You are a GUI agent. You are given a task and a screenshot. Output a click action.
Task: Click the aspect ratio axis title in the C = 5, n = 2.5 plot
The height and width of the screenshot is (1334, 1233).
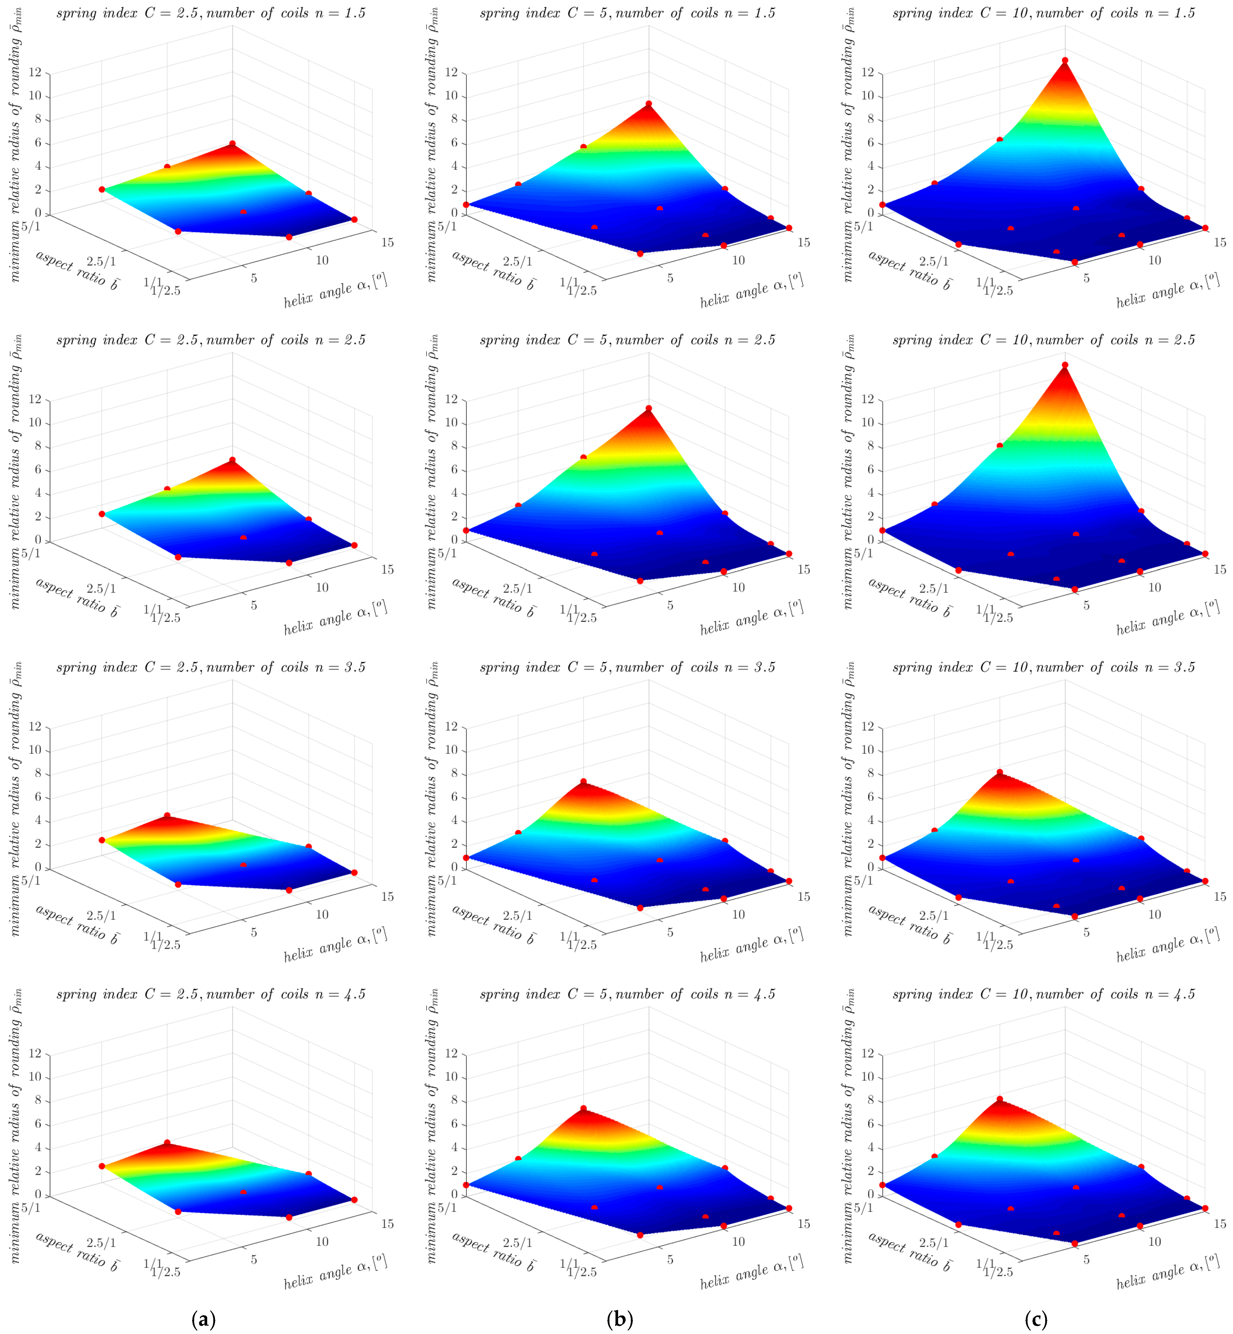[494, 597]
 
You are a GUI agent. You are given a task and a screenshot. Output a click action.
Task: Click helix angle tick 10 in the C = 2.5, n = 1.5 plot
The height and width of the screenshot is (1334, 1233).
[322, 260]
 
